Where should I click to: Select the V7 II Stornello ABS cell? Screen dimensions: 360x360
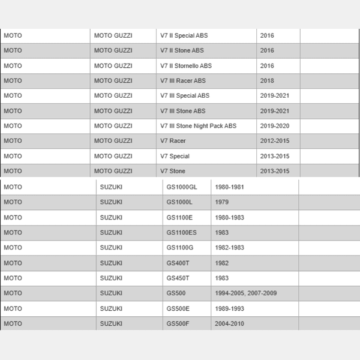pos(186,66)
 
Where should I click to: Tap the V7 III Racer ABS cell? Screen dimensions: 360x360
pos(183,81)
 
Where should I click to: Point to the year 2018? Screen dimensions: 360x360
pos(267,81)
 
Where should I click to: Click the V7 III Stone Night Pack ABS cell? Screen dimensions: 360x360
pos(198,126)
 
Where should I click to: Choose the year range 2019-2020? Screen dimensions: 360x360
pos(275,126)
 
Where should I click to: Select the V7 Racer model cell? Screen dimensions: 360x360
pos(173,141)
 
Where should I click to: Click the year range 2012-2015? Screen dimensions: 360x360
pos(275,141)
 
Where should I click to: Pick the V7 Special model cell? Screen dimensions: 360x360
pos(175,156)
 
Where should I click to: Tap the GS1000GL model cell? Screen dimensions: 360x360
pos(182,187)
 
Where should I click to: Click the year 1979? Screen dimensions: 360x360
pos(223,202)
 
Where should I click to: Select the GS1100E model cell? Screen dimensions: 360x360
pos(180,217)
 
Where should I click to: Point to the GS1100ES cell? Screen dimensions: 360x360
pos(182,232)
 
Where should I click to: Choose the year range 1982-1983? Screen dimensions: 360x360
pos(230,248)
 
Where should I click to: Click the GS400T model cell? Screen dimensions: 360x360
pos(178,263)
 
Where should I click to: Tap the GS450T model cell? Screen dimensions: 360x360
pos(178,278)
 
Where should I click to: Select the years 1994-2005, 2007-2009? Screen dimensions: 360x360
pos(246,293)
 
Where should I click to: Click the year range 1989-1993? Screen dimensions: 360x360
pos(230,308)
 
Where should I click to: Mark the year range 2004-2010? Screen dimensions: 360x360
pos(230,323)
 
